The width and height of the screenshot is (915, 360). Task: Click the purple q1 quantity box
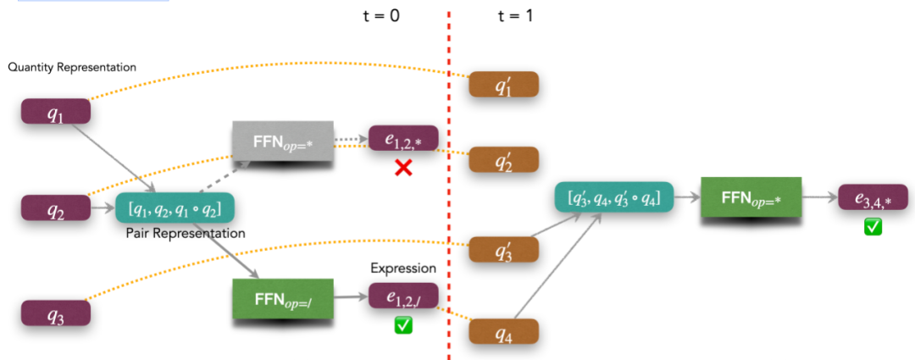coord(55,114)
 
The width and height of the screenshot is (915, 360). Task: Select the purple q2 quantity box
coord(55,208)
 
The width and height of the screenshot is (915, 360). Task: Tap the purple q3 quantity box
coord(55,315)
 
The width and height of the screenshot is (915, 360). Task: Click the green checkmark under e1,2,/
coord(403,324)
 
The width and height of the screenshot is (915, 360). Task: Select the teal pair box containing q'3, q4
coord(613,198)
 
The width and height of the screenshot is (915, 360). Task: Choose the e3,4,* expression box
coord(872,198)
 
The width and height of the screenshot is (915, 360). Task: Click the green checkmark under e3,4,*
coord(873,226)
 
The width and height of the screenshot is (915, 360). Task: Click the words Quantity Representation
coord(71,67)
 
